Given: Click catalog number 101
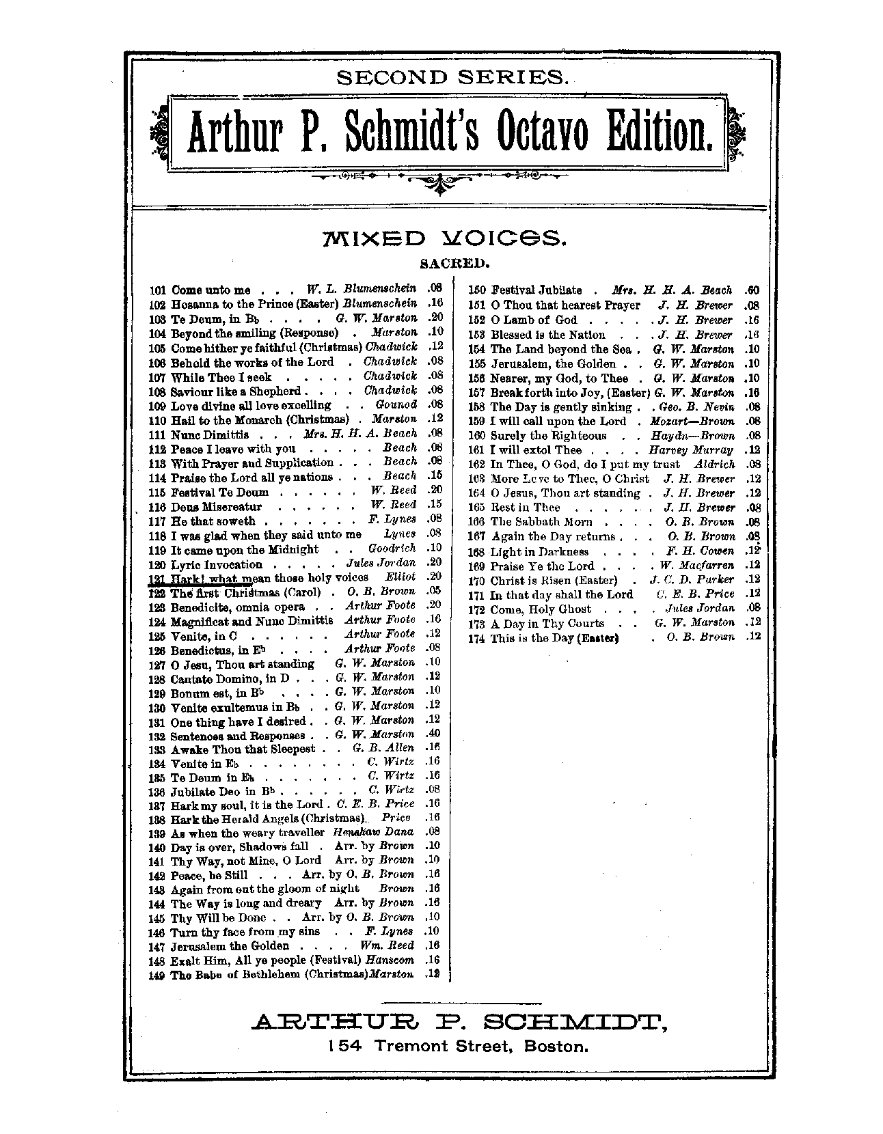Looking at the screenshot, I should click(x=158, y=290).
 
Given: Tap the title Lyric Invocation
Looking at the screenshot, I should click(x=216, y=565).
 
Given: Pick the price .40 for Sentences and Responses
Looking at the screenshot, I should click(x=432, y=734).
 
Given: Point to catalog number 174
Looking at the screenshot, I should click(x=477, y=638).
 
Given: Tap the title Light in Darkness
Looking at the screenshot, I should click(x=539, y=552).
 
